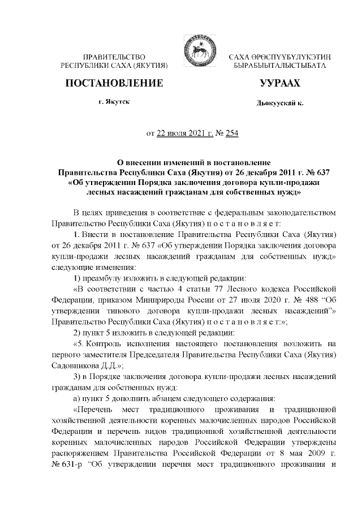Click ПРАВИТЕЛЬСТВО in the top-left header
point(115,58)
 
